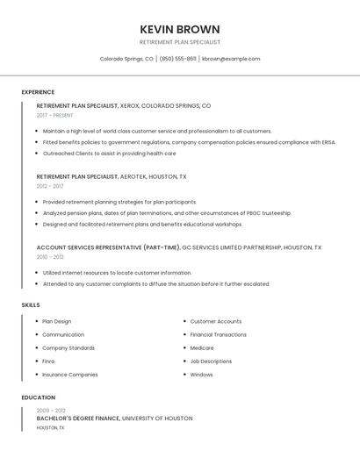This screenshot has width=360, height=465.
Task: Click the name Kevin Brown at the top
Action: [180, 29]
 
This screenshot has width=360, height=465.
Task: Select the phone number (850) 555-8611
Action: [178, 59]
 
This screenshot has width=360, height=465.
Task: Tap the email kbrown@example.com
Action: [231, 59]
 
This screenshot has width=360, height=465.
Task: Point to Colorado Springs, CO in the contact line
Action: [126, 59]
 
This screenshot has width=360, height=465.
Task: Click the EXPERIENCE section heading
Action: [38, 92]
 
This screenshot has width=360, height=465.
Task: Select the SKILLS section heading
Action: [31, 304]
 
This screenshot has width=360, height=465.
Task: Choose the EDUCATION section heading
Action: [38, 397]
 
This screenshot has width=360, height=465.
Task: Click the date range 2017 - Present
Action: [54, 115]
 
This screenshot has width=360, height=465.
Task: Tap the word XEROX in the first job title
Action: [129, 105]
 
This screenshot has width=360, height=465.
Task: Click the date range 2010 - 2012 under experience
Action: [50, 257]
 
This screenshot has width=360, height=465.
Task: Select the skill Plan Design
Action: [57, 321]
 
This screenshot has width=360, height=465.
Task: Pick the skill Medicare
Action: [202, 347]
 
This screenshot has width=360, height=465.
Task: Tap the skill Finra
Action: [48, 361]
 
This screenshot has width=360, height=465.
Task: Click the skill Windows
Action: [201, 375]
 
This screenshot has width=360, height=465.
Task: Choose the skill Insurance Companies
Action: [70, 375]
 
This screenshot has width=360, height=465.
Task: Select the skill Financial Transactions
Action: [219, 334]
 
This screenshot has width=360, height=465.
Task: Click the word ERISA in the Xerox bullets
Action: [327, 141]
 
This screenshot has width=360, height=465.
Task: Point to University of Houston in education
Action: [157, 418]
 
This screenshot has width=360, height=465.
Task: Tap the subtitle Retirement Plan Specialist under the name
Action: [180, 42]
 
